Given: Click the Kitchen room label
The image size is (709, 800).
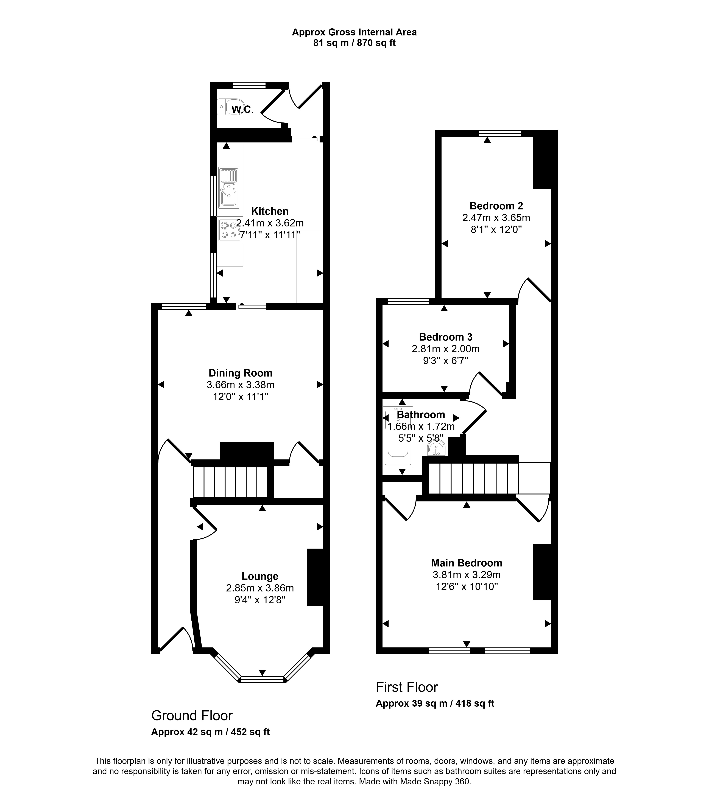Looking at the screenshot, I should (x=270, y=211).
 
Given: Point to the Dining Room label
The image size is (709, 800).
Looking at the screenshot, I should (x=240, y=373).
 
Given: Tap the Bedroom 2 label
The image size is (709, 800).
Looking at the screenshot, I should (x=496, y=206).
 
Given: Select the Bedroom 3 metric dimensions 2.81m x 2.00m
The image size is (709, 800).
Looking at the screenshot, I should (x=446, y=349).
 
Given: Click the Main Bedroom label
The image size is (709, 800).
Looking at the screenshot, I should (x=466, y=563).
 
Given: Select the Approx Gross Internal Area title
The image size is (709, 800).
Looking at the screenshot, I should (x=354, y=32).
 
